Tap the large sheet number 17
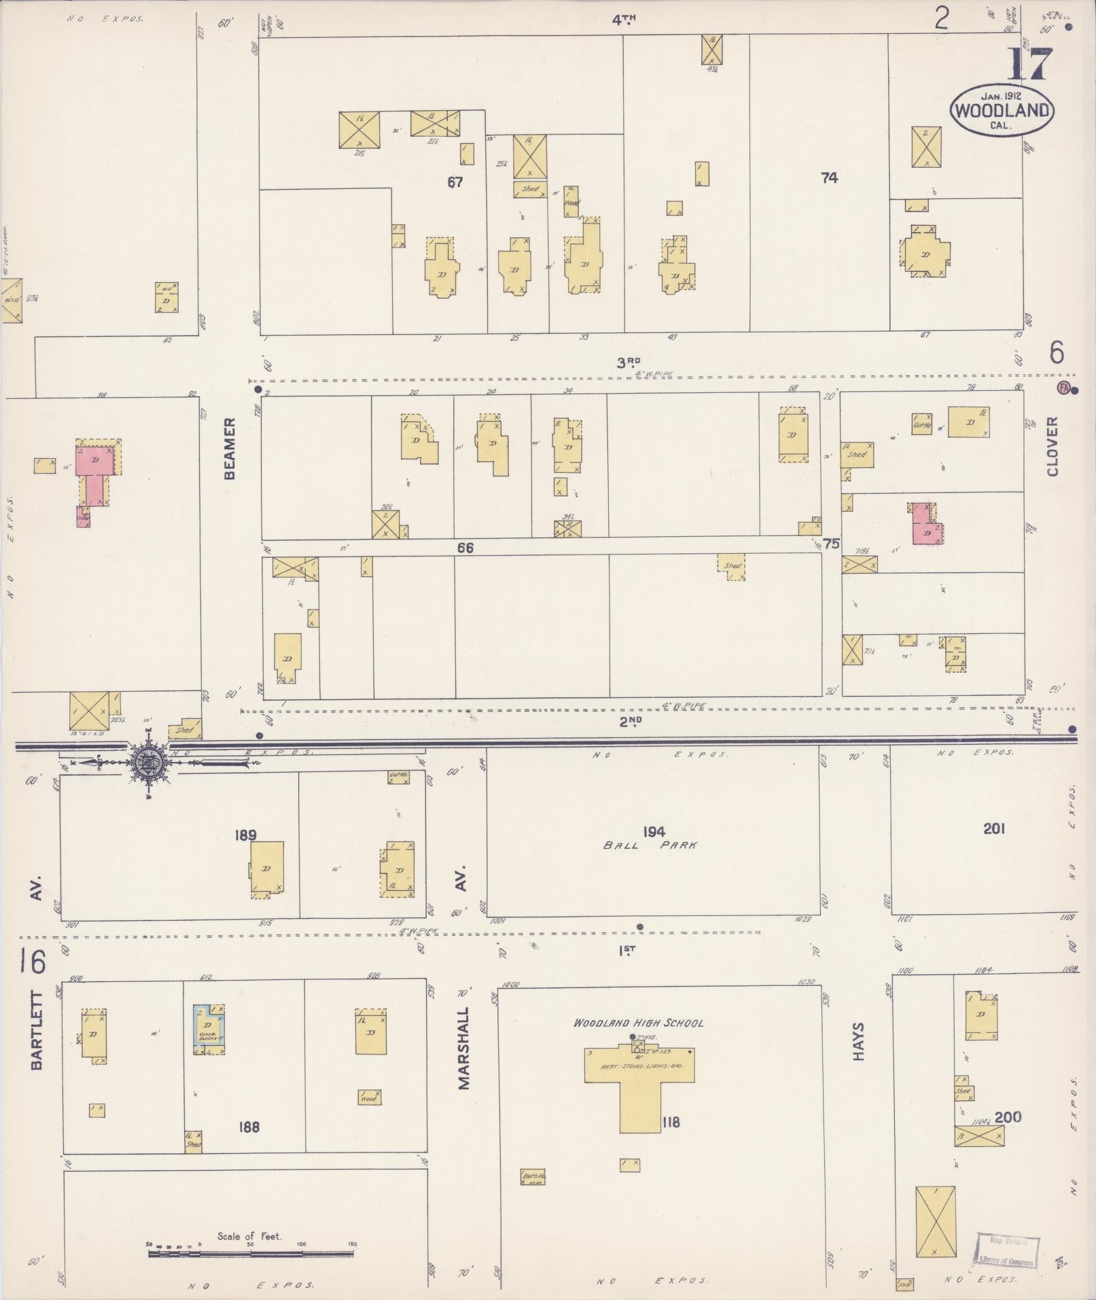coord(1029,65)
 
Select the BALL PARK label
coord(650,845)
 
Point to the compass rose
coord(149,762)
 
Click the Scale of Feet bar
coord(251,1252)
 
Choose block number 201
coord(993,828)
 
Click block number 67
coord(455,182)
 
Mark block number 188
coord(249,1127)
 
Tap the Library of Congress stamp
coord(1008,1251)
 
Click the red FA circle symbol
coord(1063,387)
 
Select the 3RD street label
coord(629,363)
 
